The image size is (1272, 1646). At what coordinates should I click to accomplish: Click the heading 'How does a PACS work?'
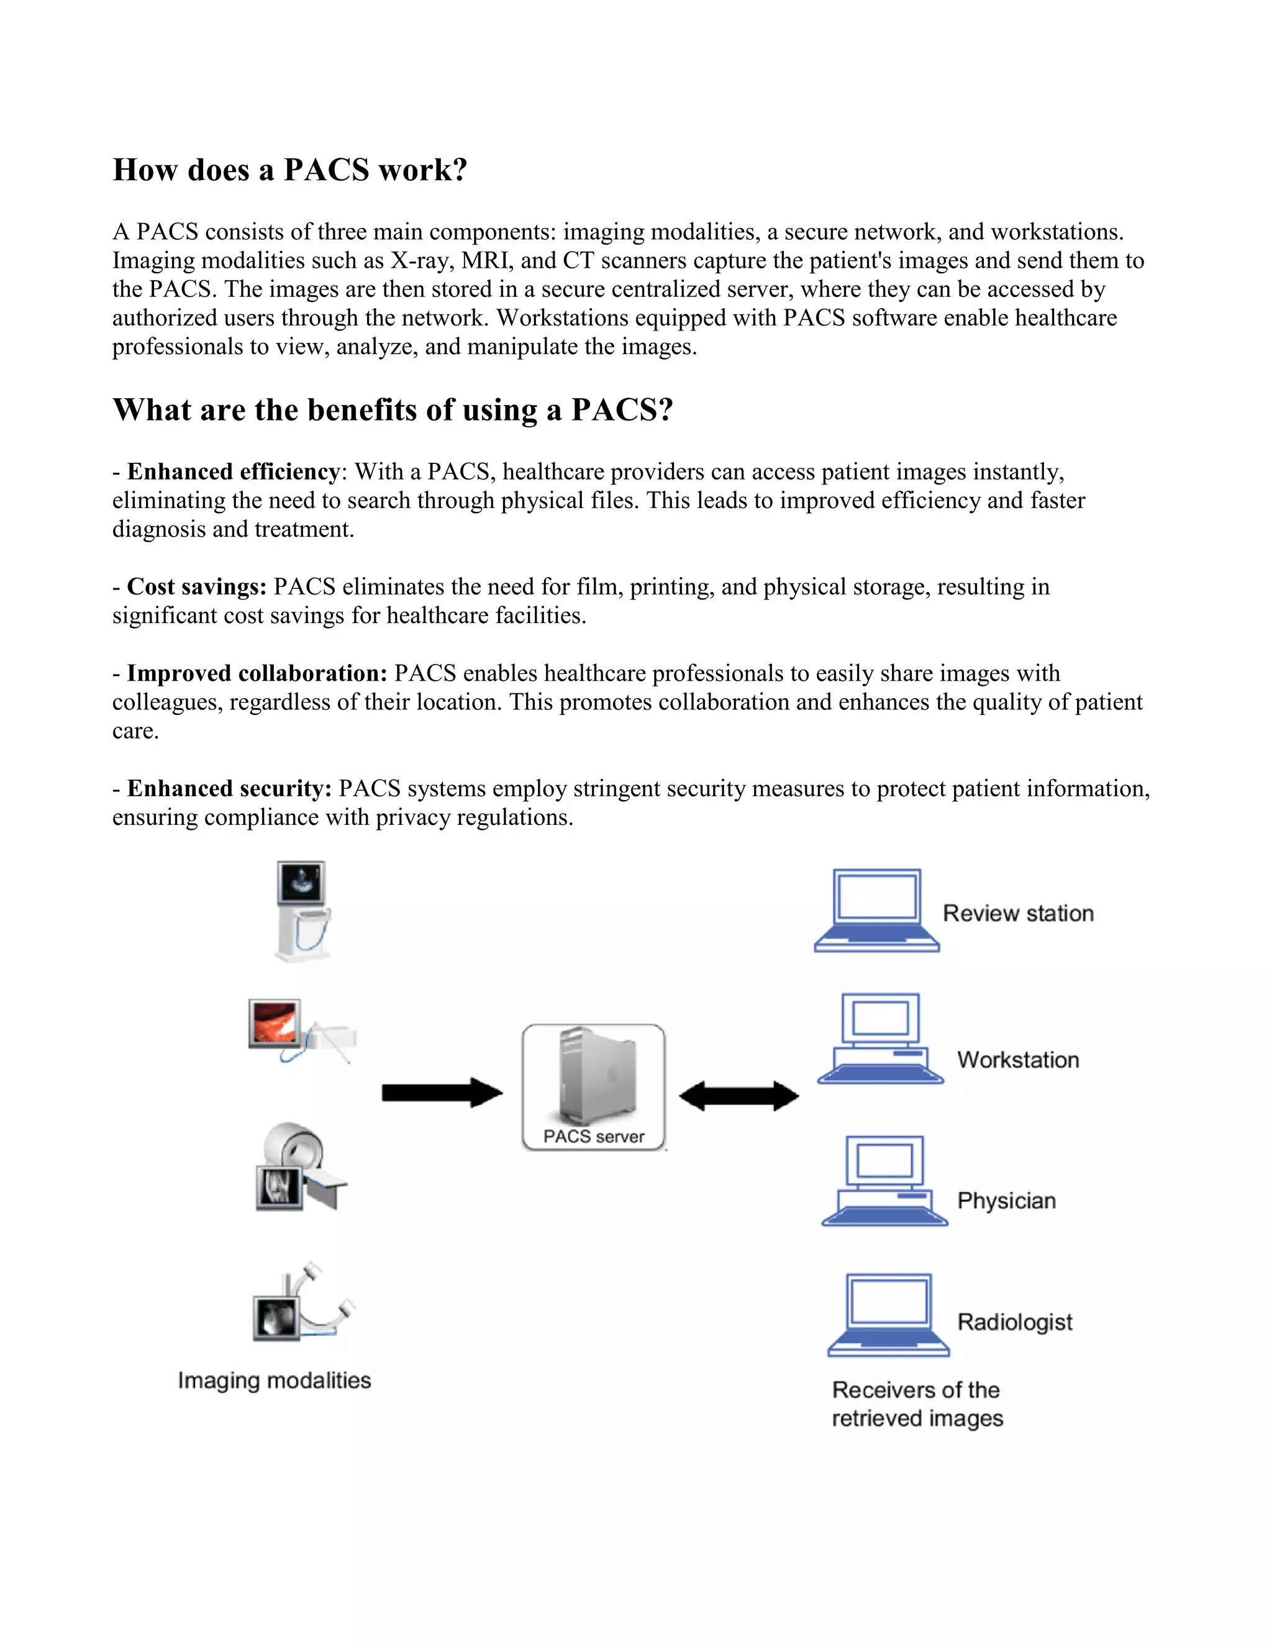click(290, 170)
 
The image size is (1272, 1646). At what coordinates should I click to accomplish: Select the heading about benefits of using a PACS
click(393, 411)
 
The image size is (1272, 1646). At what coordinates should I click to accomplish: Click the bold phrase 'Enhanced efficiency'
click(234, 472)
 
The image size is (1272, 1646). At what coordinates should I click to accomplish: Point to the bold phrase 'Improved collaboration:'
click(257, 673)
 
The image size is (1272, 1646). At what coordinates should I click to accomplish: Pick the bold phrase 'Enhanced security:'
click(229, 788)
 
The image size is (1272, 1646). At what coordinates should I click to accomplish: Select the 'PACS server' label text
click(594, 1137)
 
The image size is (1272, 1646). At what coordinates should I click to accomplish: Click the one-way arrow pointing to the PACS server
click(442, 1092)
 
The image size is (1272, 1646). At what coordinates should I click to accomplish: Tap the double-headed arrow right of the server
click(738, 1096)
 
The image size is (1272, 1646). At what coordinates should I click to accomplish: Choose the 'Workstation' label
click(1018, 1060)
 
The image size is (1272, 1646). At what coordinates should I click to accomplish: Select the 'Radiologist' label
click(1014, 1322)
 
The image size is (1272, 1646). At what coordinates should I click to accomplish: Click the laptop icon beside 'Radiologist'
click(888, 1314)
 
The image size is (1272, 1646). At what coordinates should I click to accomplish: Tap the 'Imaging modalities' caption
click(275, 1381)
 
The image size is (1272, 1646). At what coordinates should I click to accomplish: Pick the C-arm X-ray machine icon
click(303, 1304)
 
